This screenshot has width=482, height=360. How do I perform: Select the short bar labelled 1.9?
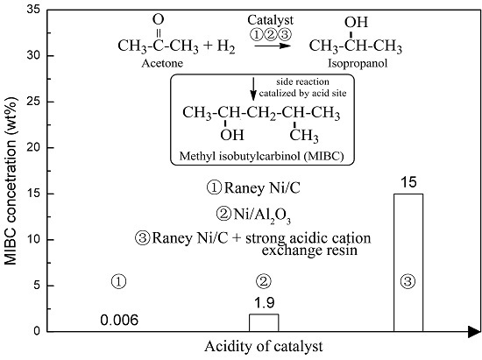264,322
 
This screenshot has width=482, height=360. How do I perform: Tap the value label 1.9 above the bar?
264,302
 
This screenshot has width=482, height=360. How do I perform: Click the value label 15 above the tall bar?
408,182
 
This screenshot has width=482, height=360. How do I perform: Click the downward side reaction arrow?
254,87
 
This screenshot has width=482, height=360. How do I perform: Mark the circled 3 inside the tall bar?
408,282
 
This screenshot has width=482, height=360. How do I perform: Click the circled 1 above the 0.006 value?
121,281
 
